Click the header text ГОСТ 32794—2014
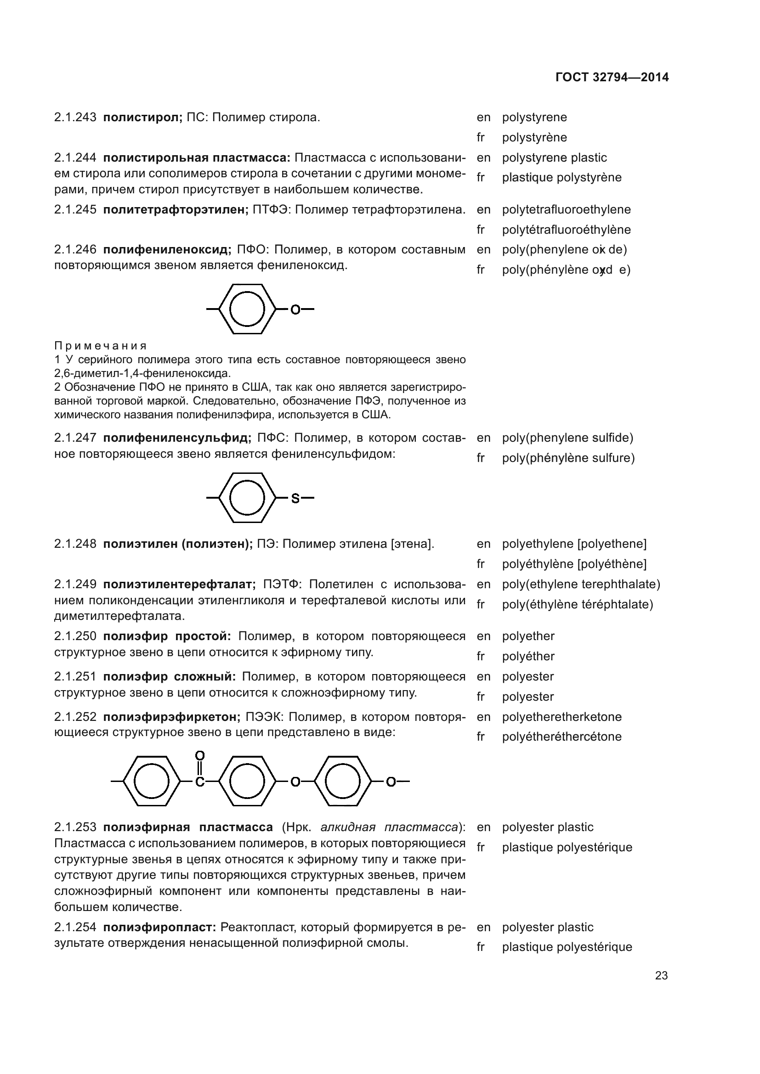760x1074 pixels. point(612,78)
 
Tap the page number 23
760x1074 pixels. point(661,975)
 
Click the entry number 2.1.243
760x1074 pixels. point(75,118)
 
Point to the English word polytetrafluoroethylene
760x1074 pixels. point(566,209)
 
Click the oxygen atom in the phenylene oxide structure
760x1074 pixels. point(295,309)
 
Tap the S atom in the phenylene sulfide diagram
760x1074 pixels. point(295,499)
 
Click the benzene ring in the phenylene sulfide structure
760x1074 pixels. point(247,498)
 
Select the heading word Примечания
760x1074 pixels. point(100,346)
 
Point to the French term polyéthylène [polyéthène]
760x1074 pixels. point(574,564)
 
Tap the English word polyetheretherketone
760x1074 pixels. point(561,717)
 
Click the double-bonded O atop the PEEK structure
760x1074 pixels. point(199,755)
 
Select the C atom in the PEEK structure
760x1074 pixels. point(199,782)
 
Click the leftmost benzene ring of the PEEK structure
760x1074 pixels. point(152,781)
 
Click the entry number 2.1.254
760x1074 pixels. point(75,927)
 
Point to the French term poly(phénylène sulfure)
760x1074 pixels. point(568,458)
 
